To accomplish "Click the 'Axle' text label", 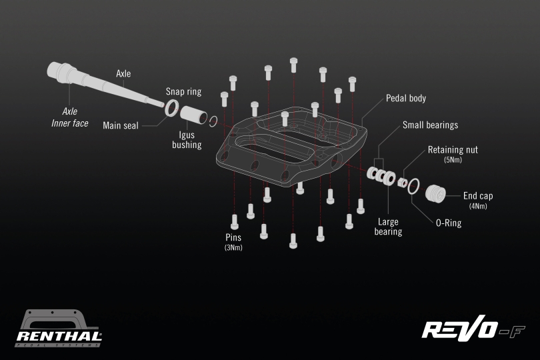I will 123,73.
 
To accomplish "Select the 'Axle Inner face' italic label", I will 70,117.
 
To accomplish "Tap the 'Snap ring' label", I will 183,91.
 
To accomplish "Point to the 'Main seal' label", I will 121,125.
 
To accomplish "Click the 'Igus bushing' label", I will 187,139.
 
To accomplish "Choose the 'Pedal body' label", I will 406,98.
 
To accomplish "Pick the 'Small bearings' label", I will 430,125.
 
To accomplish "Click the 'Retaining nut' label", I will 453,149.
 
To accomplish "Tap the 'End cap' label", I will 478,196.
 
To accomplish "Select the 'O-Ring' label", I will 449,223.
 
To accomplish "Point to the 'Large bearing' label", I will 388,227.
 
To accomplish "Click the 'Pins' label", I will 233,237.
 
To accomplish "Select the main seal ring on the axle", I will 172,107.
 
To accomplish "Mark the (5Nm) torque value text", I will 453,160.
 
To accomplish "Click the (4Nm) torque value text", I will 478,206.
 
